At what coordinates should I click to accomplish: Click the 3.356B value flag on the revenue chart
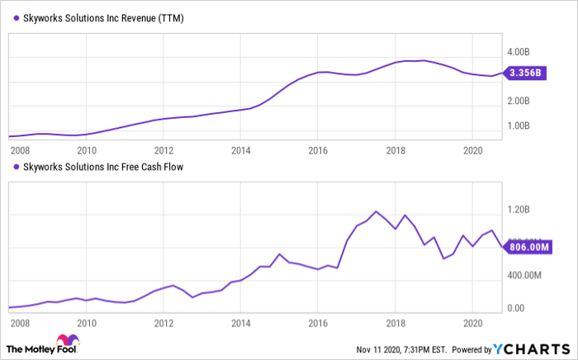click(x=525, y=73)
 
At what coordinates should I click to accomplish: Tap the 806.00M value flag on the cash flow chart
click(x=528, y=247)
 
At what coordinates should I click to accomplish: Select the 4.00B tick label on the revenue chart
click(x=519, y=52)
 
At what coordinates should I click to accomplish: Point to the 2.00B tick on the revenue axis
click(x=519, y=101)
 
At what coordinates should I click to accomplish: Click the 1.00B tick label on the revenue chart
click(x=519, y=126)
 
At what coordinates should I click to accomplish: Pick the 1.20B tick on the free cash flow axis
click(x=519, y=210)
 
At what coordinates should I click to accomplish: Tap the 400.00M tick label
click(x=524, y=275)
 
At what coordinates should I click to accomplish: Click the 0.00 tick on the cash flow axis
click(x=516, y=308)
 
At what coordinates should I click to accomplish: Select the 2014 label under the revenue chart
click(x=241, y=150)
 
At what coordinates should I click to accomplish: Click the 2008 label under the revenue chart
click(x=20, y=150)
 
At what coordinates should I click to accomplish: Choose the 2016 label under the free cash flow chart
click(x=318, y=323)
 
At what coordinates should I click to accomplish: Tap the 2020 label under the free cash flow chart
click(x=472, y=323)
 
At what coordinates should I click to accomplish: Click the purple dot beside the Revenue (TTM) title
click(x=17, y=17)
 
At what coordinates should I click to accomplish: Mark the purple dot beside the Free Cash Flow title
click(x=17, y=167)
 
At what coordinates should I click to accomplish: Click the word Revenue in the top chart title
click(x=138, y=18)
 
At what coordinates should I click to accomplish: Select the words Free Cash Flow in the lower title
click(x=152, y=167)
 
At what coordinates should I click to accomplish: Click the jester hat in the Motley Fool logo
click(x=68, y=339)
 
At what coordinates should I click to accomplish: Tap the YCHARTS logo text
click(x=532, y=348)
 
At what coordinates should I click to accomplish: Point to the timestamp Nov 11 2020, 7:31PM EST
click(x=401, y=349)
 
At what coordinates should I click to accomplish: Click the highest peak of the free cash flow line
click(x=376, y=211)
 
